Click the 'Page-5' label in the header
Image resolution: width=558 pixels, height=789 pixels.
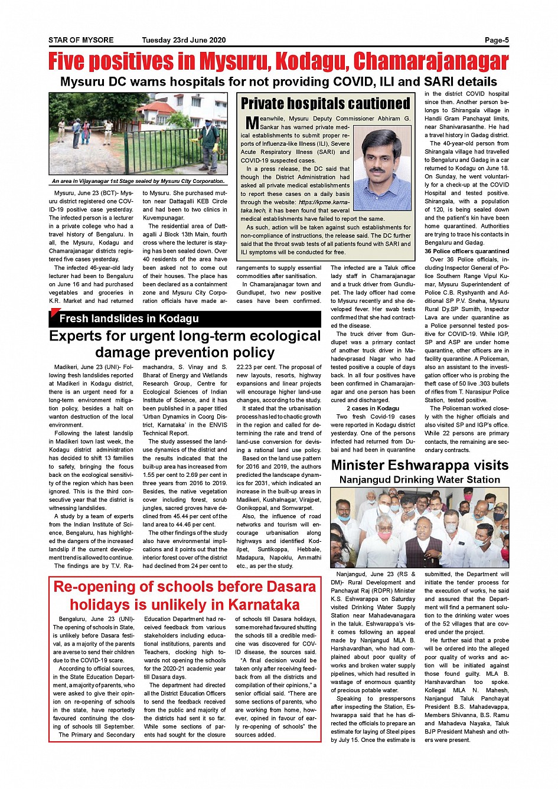(496, 40)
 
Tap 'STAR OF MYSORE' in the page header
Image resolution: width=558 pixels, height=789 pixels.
(81, 40)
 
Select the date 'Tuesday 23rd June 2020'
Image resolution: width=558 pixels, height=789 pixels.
(184, 40)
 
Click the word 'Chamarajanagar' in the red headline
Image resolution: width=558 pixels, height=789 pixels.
(430, 61)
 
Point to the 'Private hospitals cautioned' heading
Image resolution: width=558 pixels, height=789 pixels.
(325, 104)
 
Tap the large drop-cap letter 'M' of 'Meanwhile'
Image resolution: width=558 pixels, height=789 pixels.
(252, 123)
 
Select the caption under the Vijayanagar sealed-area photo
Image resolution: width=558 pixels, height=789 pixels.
(138, 181)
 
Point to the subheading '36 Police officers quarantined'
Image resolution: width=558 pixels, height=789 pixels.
(466, 251)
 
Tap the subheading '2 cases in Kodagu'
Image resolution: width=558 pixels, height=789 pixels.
(373, 408)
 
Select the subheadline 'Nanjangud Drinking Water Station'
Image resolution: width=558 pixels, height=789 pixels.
(419, 480)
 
